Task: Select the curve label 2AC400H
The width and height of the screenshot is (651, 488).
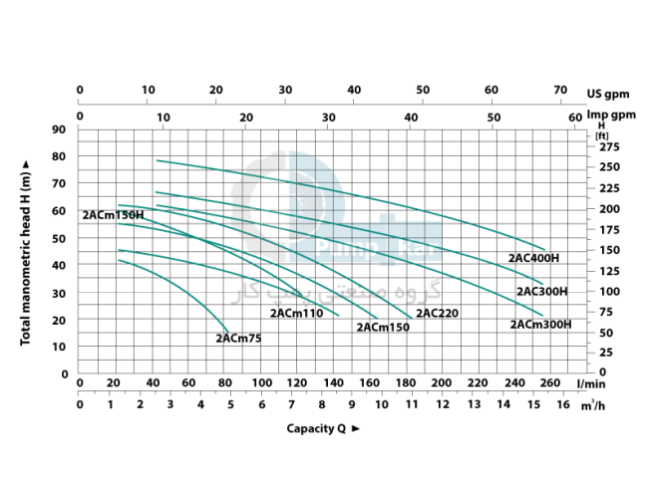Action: click(533, 258)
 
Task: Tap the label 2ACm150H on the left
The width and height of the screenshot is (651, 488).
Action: click(113, 214)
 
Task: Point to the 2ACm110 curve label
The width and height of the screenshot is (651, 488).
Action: click(297, 313)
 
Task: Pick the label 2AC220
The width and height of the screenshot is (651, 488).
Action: click(438, 313)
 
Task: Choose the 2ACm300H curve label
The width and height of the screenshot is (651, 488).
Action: click(540, 324)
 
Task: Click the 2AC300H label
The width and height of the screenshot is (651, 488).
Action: click(541, 292)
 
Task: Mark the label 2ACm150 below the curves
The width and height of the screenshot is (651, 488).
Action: click(383, 327)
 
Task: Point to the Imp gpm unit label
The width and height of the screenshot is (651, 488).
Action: click(611, 115)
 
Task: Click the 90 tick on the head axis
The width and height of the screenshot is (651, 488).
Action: click(58, 129)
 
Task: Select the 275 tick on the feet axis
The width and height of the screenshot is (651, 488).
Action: click(608, 146)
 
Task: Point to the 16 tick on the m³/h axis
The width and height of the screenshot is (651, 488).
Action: click(562, 404)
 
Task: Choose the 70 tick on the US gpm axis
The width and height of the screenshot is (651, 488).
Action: click(559, 90)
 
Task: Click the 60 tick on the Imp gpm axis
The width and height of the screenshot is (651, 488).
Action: click(575, 117)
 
